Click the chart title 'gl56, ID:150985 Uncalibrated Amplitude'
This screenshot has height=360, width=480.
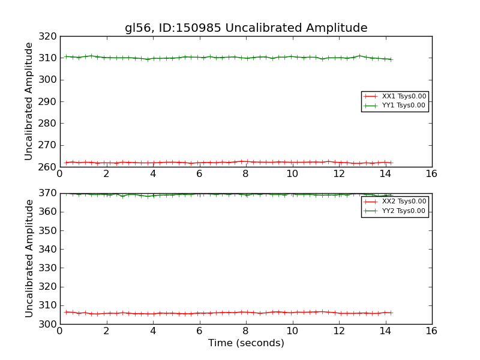246,28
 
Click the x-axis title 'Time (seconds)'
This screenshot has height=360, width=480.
246,343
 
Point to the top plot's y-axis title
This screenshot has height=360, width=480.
29,101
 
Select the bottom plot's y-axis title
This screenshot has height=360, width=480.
29,258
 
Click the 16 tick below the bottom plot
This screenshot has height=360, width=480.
431,331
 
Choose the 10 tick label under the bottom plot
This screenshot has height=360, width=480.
292,331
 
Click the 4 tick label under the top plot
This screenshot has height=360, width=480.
152,173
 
